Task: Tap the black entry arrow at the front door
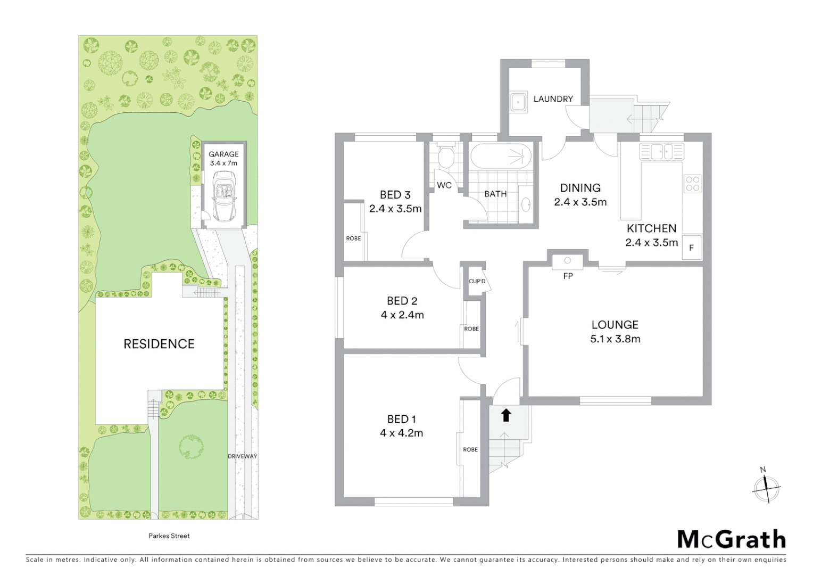[506, 414]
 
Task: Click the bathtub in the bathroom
[501, 156]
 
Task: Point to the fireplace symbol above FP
[568, 260]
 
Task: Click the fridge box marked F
[692, 248]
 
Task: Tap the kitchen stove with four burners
[692, 184]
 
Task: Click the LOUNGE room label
[615, 325]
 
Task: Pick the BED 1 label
[402, 419]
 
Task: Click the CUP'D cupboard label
[477, 281]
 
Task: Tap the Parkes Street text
[169, 536]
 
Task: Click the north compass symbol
[766, 487]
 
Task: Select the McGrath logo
[731, 539]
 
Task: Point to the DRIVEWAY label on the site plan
[243, 456]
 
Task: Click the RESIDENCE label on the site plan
[159, 344]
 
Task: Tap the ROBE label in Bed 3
[353, 239]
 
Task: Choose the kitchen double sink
[661, 152]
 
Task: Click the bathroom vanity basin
[527, 203]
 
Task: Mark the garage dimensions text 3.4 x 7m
[223, 163]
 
